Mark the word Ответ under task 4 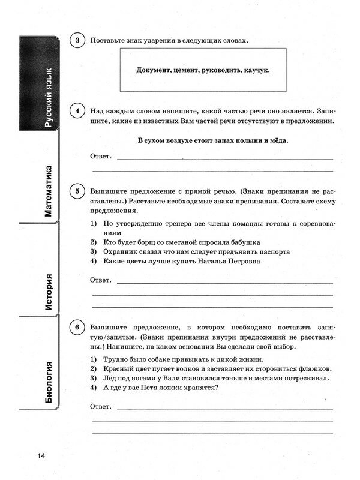100,156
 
